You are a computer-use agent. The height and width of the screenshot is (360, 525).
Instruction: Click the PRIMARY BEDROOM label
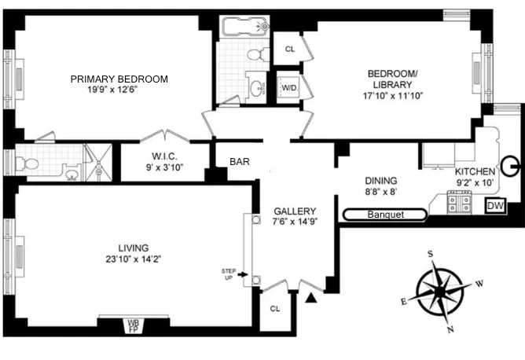[x=119, y=79]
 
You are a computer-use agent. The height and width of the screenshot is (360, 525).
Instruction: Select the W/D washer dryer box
[x=289, y=87]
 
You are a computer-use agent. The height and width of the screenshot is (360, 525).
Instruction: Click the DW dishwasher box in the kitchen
[x=494, y=206]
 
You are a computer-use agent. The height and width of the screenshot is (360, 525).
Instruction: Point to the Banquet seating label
[x=385, y=214]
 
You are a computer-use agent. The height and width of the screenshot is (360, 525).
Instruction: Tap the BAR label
[x=240, y=162]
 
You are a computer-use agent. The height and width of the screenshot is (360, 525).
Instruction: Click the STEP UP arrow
[x=243, y=275]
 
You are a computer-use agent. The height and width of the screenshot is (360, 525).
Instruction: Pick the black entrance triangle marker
[x=313, y=297]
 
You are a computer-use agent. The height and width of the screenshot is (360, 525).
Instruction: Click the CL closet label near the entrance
[x=274, y=308]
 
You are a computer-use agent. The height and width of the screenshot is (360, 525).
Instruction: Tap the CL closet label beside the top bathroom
[x=289, y=49]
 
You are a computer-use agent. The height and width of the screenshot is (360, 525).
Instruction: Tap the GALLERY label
[x=295, y=211]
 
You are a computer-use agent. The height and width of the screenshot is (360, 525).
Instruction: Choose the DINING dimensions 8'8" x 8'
[x=380, y=191]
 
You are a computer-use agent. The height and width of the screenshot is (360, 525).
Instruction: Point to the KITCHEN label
[x=475, y=171]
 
